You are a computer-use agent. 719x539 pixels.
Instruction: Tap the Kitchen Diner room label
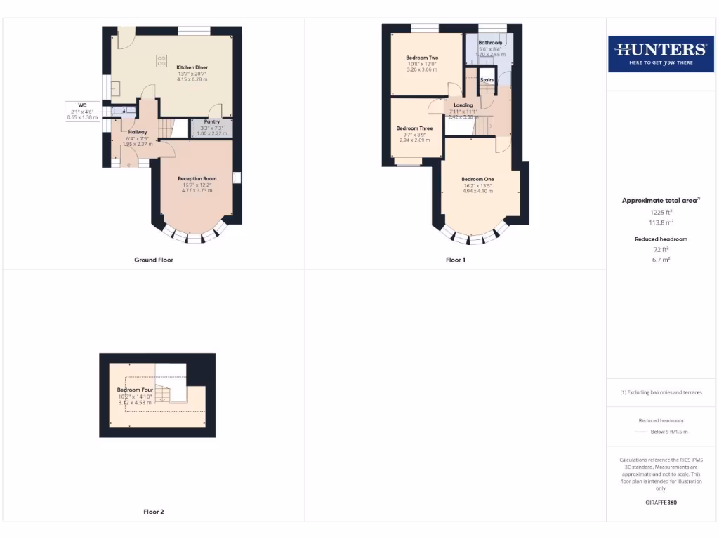click(192, 67)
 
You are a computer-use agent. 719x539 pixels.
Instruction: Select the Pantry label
click(212, 121)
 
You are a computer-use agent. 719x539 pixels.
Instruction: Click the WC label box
click(81, 111)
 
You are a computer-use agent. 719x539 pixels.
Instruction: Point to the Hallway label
click(138, 132)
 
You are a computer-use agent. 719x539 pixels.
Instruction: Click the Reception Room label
click(197, 179)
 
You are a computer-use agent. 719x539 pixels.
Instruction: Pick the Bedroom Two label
click(422, 58)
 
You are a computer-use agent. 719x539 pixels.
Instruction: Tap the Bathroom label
click(490, 43)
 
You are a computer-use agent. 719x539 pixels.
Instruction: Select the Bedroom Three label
click(414, 128)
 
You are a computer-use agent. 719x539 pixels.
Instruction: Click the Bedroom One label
click(477, 179)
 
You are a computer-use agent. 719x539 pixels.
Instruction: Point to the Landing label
click(463, 105)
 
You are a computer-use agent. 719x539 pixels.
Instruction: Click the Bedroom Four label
click(134, 390)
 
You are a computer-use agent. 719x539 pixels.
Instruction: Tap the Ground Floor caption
click(154, 260)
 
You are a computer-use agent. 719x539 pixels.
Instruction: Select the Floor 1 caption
click(456, 260)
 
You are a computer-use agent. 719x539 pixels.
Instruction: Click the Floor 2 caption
click(154, 512)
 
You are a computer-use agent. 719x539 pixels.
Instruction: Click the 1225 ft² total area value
click(660, 211)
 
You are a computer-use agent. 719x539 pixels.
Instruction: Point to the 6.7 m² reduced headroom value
click(660, 259)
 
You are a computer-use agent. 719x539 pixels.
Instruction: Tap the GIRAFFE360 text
click(660, 503)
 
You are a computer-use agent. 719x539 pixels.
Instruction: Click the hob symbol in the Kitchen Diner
click(161, 60)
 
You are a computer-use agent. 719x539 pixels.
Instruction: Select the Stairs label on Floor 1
click(487, 80)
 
